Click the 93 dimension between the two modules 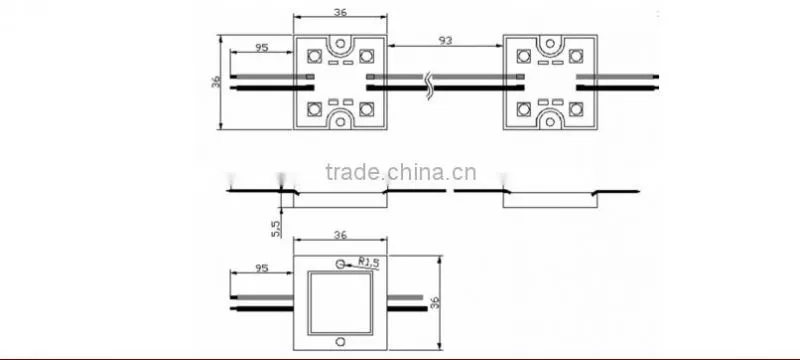point(445,40)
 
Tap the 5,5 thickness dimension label point(276,228)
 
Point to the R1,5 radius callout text point(369,263)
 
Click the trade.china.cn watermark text point(401,172)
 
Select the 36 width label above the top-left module point(340,12)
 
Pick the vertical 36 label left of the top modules point(216,81)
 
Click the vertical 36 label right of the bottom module point(435,302)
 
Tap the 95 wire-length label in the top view point(262,47)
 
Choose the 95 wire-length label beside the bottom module point(262,268)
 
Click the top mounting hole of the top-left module point(340,43)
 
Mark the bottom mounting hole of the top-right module point(550,121)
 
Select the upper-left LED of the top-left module point(314,56)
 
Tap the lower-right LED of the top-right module point(576,109)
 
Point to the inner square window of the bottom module point(340,303)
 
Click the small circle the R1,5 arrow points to point(340,264)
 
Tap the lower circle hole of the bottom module point(340,341)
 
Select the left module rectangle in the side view point(340,200)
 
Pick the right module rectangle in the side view point(550,200)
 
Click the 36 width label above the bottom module point(340,235)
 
